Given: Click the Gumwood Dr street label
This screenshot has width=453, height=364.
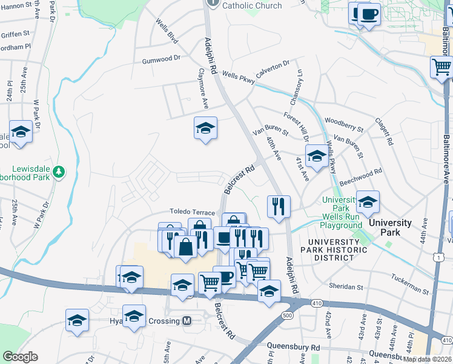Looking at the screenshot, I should [162, 59].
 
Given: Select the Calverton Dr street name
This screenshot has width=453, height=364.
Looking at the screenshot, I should [273, 67].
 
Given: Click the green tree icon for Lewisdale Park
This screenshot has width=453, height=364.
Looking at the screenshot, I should [59, 172].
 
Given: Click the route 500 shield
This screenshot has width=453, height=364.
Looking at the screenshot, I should [287, 315].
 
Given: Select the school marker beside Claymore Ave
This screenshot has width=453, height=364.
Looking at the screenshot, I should [206, 129].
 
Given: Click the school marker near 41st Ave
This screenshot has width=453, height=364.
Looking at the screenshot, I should [316, 156].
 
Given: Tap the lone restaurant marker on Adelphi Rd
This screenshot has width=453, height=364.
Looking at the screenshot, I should [279, 206].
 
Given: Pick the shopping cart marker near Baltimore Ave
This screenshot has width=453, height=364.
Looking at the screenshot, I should [441, 67].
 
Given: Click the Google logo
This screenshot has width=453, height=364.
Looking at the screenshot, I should [20, 357].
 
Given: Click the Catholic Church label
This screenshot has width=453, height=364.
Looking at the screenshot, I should [252, 5].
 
